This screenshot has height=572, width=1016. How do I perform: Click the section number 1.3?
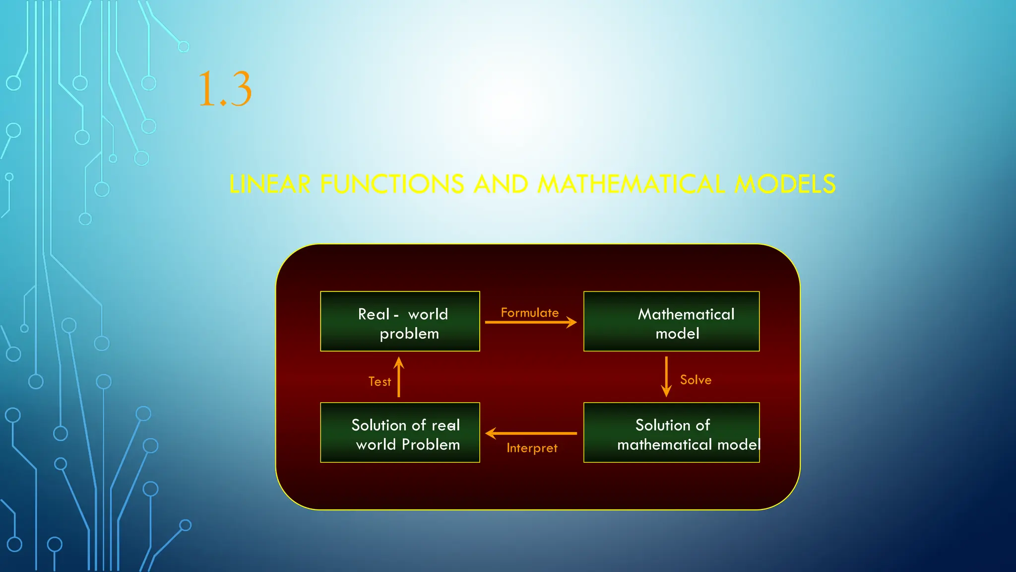pyautogui.click(x=225, y=89)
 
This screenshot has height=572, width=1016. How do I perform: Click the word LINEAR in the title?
pyautogui.click(x=270, y=184)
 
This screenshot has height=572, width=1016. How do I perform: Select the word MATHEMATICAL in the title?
pyautogui.click(x=631, y=184)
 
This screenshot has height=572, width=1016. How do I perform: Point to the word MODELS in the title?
pyautogui.click(x=785, y=184)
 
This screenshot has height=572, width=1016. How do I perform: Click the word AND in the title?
pyautogui.click(x=501, y=184)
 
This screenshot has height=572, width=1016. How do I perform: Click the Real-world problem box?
pyautogui.click(x=400, y=321)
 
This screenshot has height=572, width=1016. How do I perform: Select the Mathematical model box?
pyautogui.click(x=671, y=321)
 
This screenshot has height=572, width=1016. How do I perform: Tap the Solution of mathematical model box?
pyautogui.click(x=671, y=432)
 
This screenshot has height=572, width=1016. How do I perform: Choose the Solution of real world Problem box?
pyautogui.click(x=400, y=432)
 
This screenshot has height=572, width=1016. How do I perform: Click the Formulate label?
pyautogui.click(x=529, y=313)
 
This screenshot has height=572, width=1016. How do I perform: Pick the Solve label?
pyautogui.click(x=696, y=380)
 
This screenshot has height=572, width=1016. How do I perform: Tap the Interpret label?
pyautogui.click(x=532, y=448)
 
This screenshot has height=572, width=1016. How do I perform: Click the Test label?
pyautogui.click(x=380, y=381)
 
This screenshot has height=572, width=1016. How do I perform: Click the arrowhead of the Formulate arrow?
pyautogui.click(x=572, y=322)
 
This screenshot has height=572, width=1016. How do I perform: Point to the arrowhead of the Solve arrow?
pyautogui.click(x=666, y=392)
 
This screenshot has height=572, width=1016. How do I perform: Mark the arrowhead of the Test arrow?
pyautogui.click(x=399, y=362)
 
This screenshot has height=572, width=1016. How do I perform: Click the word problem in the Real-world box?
pyautogui.click(x=409, y=334)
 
